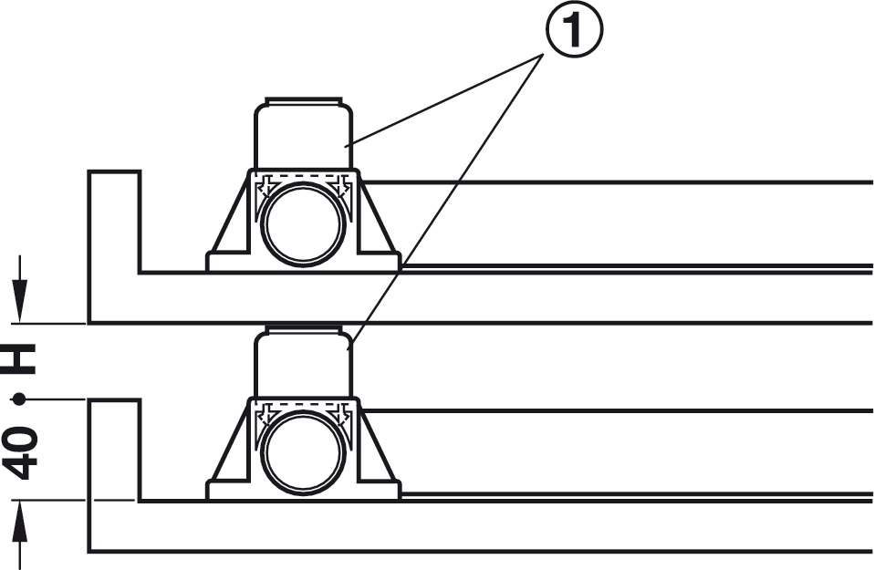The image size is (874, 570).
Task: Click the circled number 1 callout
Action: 575,33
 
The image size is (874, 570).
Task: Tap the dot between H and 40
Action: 19,399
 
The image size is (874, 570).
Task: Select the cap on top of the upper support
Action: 303,99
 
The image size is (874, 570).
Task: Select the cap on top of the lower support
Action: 303,328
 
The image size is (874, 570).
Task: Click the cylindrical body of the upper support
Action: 303,137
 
